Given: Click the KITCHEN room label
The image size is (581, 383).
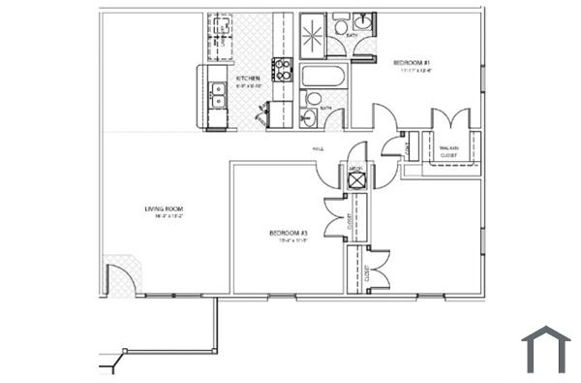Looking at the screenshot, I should tap(245, 78).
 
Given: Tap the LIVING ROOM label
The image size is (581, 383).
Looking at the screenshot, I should tap(164, 208).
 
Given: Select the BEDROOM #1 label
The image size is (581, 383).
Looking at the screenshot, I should tap(404, 63).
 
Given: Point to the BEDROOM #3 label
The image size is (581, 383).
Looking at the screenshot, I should tap(288, 234).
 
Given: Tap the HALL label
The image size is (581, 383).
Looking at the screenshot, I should tap(317, 149).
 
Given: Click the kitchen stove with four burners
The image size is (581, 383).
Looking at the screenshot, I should tap(282, 69).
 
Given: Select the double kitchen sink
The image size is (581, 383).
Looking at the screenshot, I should tap(218, 95).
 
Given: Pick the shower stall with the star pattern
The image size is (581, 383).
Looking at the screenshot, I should tap(314, 35).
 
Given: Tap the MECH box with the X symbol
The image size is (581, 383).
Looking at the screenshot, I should tap(355, 176).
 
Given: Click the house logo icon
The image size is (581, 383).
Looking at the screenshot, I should tap(545, 349).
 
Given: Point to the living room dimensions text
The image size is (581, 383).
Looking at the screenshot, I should tap(164, 217).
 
